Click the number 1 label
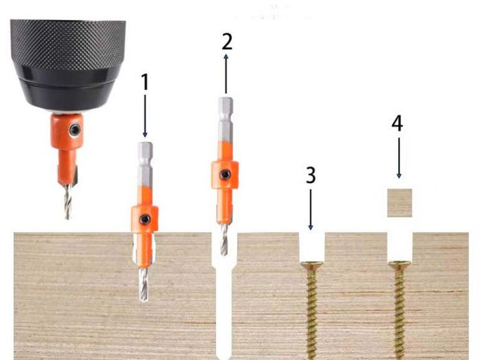click(x=145, y=81)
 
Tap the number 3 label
click(x=311, y=176)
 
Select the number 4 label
click(x=398, y=123)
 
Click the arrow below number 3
click(x=311, y=209)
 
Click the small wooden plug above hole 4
click(x=400, y=202)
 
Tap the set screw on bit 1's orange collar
click(x=147, y=219)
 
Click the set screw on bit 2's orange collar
click(x=224, y=175)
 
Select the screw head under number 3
click(x=311, y=264)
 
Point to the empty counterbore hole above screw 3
click(x=311, y=245)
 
